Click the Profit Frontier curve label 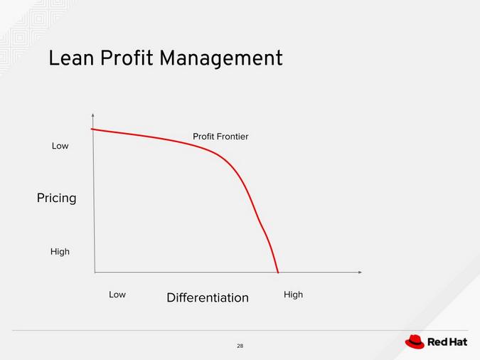pos(220,136)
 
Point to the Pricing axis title pos(56,198)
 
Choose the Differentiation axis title pos(208,297)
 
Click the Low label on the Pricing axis pos(60,146)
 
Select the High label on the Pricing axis pos(60,251)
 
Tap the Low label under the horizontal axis pos(117,294)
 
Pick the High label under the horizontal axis pos(293,294)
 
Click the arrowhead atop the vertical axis pos(93,115)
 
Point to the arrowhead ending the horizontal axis pos(360,272)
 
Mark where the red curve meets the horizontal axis pos(278,272)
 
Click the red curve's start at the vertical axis pos(92,129)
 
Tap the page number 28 pos(240,346)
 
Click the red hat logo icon pos(415,342)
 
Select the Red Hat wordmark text pos(447,342)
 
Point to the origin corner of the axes pos(95,272)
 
